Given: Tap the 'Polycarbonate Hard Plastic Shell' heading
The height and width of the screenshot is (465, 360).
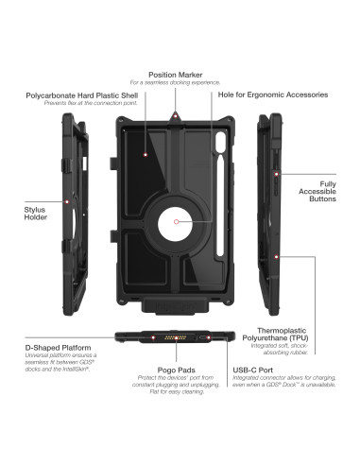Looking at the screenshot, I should [x=81, y=95].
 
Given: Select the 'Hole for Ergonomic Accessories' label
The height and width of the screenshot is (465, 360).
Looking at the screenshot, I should [x=273, y=95].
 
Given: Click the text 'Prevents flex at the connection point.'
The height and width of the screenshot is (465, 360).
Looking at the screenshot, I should [x=81, y=104].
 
